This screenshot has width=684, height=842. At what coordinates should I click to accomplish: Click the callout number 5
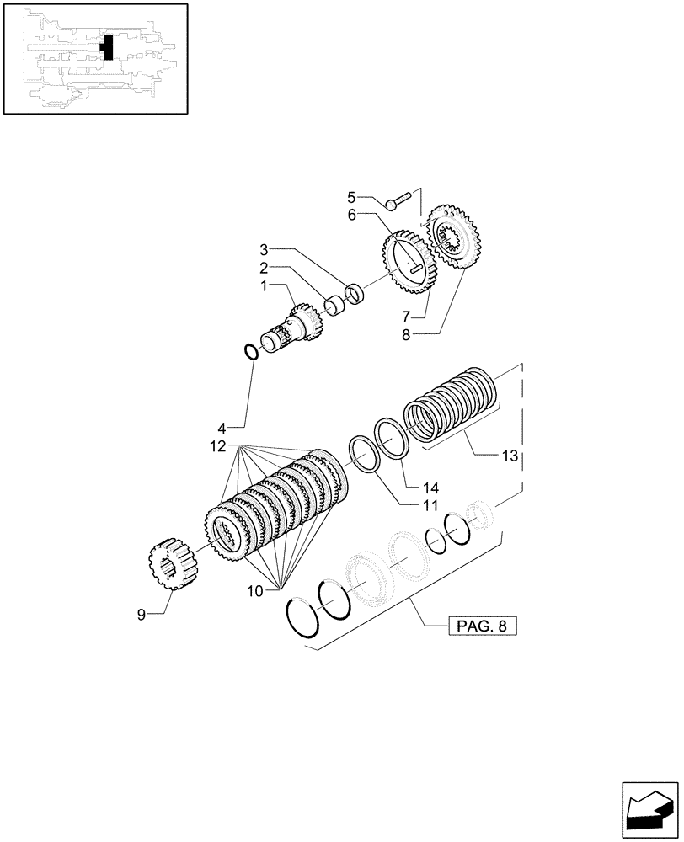tap(351, 198)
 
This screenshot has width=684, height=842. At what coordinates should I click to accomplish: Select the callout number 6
tap(351, 216)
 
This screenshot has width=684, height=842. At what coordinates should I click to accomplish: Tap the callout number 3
tap(264, 250)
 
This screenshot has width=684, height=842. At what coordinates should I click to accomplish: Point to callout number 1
tap(264, 286)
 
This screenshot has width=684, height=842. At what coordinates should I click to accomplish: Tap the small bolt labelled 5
tap(397, 201)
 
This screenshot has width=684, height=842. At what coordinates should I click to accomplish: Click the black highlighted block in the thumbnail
tap(106, 48)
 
